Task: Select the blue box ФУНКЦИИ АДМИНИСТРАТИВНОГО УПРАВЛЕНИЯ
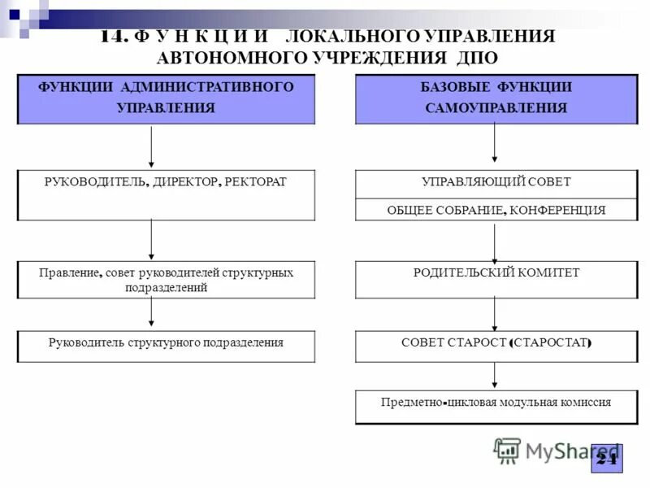[x=166, y=98]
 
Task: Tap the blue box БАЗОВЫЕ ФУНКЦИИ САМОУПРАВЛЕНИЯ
[x=496, y=98]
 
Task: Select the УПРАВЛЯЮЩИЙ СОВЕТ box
[x=496, y=183]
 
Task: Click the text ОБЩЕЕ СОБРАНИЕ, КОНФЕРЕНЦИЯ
[x=496, y=210]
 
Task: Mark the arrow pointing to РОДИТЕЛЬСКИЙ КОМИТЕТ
[x=495, y=242]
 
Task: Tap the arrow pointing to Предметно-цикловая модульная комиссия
[x=495, y=376]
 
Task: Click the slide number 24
[x=606, y=459]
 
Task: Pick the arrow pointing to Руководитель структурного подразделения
[x=152, y=313]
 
